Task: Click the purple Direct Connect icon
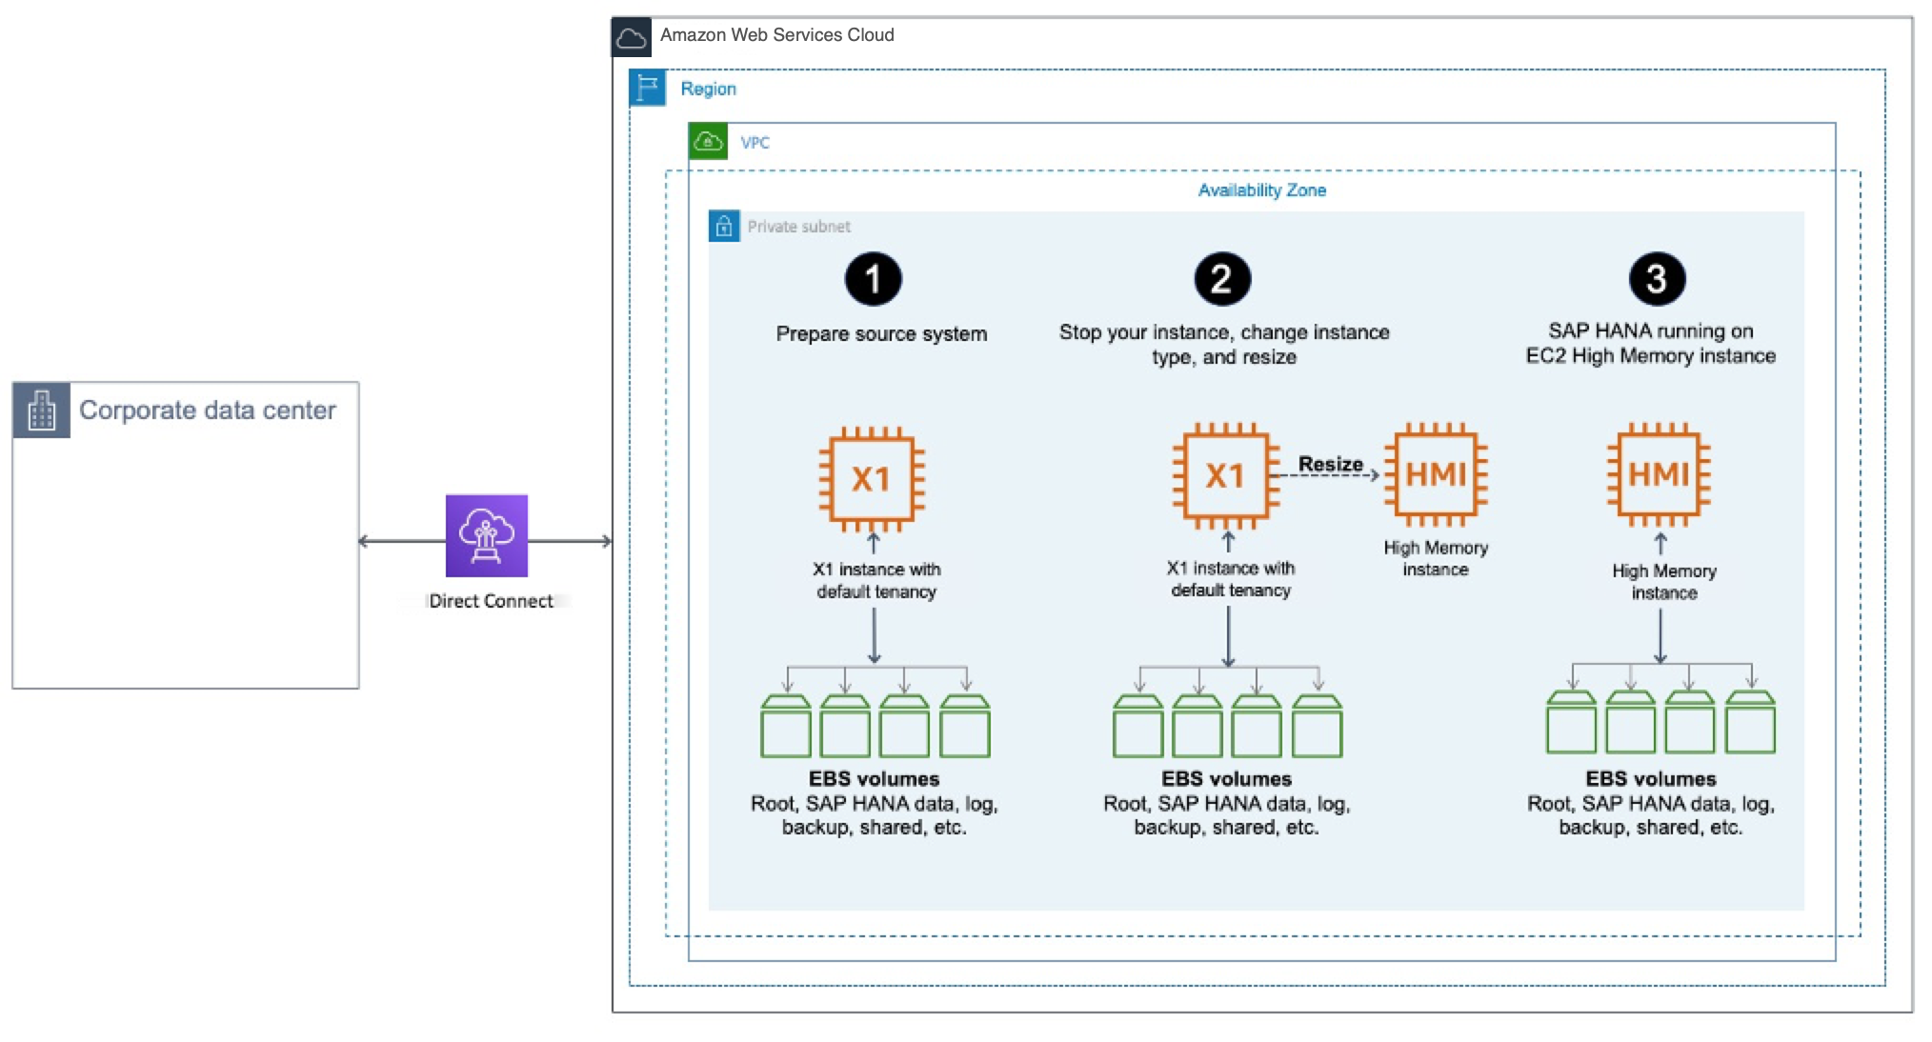(487, 535)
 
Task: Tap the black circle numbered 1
(873, 279)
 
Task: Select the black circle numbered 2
(1222, 279)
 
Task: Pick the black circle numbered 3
(1657, 279)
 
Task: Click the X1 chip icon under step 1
(872, 478)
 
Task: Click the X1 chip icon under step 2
(1225, 475)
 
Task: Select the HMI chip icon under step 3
(1659, 474)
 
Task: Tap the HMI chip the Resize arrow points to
(1436, 474)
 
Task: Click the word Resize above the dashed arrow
(1330, 464)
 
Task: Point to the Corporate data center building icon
(42, 411)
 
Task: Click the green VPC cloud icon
(708, 142)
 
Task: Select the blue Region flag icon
(648, 88)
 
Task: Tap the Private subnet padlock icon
(724, 227)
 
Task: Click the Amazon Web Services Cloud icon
(632, 37)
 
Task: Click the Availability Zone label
(1261, 190)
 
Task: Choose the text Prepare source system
(881, 334)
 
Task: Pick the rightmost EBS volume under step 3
(1750, 724)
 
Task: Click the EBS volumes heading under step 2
(1226, 779)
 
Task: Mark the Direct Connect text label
(491, 601)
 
